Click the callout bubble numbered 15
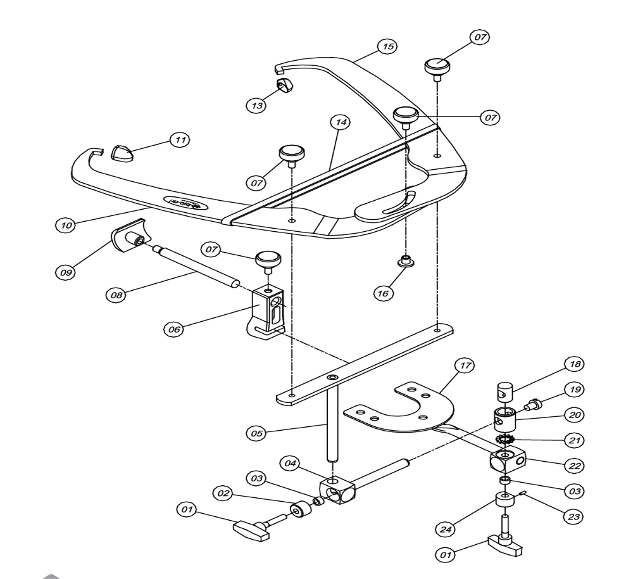point(385,46)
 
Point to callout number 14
point(342,123)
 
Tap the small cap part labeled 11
point(123,153)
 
